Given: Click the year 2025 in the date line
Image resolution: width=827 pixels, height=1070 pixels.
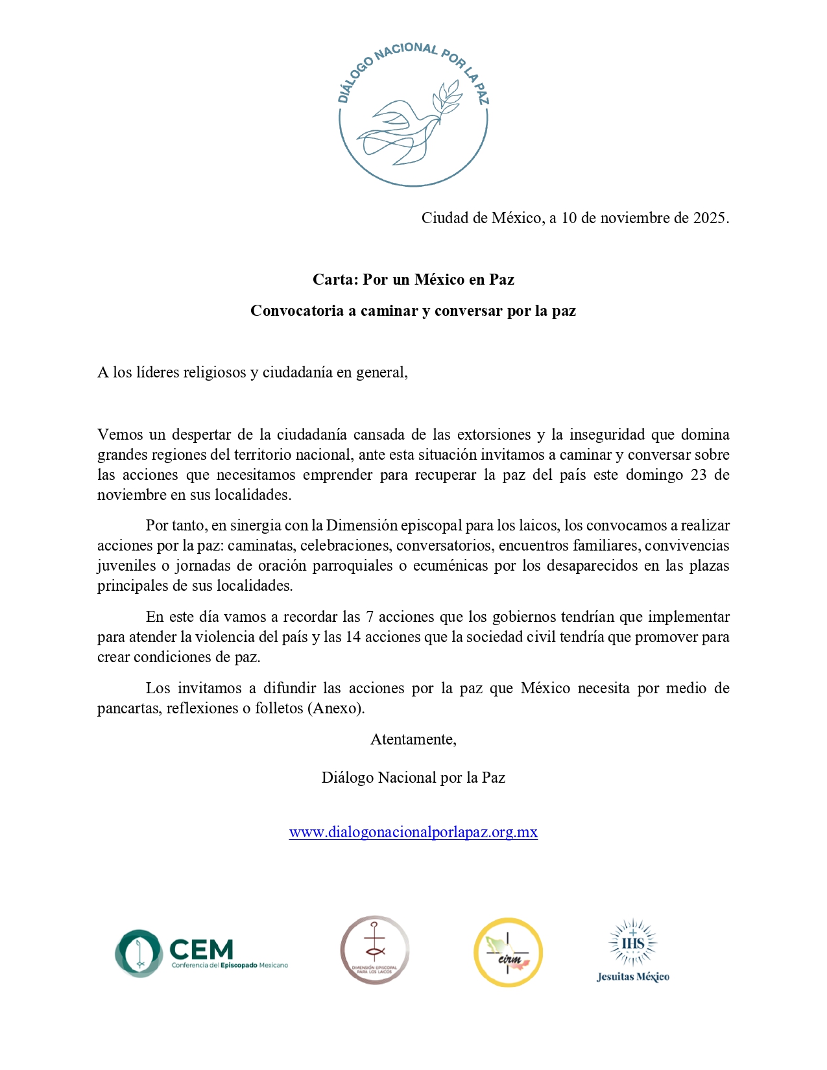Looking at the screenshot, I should (710, 218).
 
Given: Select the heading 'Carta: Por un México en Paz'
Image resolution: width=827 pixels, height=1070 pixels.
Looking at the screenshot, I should (413, 279).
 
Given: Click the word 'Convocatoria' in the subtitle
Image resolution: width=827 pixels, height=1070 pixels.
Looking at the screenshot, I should (297, 311).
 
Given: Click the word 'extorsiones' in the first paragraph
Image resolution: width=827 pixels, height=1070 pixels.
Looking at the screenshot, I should (494, 434).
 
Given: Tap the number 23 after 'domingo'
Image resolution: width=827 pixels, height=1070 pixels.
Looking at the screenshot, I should (699, 475).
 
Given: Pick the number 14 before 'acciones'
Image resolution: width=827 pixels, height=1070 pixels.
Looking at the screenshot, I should (353, 637).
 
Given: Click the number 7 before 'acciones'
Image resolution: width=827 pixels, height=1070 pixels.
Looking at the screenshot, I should (370, 617).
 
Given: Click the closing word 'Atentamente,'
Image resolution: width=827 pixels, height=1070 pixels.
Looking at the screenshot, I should (413, 739).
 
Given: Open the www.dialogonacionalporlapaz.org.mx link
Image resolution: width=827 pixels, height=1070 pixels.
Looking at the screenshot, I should (413, 832).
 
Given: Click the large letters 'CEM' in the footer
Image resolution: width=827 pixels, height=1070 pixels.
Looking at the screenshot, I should (201, 949).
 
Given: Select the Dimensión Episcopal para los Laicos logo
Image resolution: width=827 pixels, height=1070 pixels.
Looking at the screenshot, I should (375, 950).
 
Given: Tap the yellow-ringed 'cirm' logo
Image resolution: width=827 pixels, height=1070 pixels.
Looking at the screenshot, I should (508, 953).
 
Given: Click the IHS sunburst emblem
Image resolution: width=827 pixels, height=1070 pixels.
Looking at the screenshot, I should (632, 942).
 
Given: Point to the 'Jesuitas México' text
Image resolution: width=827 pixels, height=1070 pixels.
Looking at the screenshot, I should (632, 977).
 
